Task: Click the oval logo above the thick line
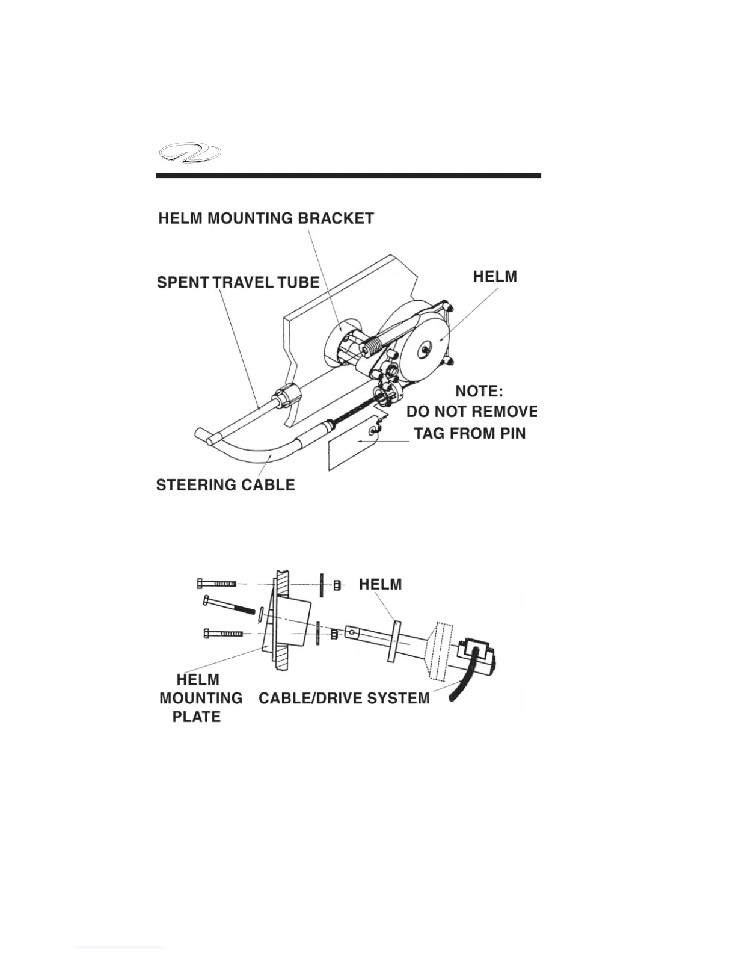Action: coord(189,154)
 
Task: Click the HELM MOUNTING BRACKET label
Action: coord(266,218)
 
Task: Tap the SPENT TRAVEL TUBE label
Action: coord(238,282)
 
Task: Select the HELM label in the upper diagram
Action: coord(494,276)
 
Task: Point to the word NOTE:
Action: coord(479,391)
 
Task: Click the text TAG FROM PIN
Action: coord(470,433)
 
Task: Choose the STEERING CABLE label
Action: coord(225,485)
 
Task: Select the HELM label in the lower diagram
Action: coord(380,584)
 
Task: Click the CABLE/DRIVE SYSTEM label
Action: coord(344,698)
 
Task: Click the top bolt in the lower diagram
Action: coord(218,583)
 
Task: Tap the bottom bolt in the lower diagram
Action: coord(222,634)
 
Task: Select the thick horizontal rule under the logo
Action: coord(348,176)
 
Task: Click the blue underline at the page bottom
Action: coord(120,948)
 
